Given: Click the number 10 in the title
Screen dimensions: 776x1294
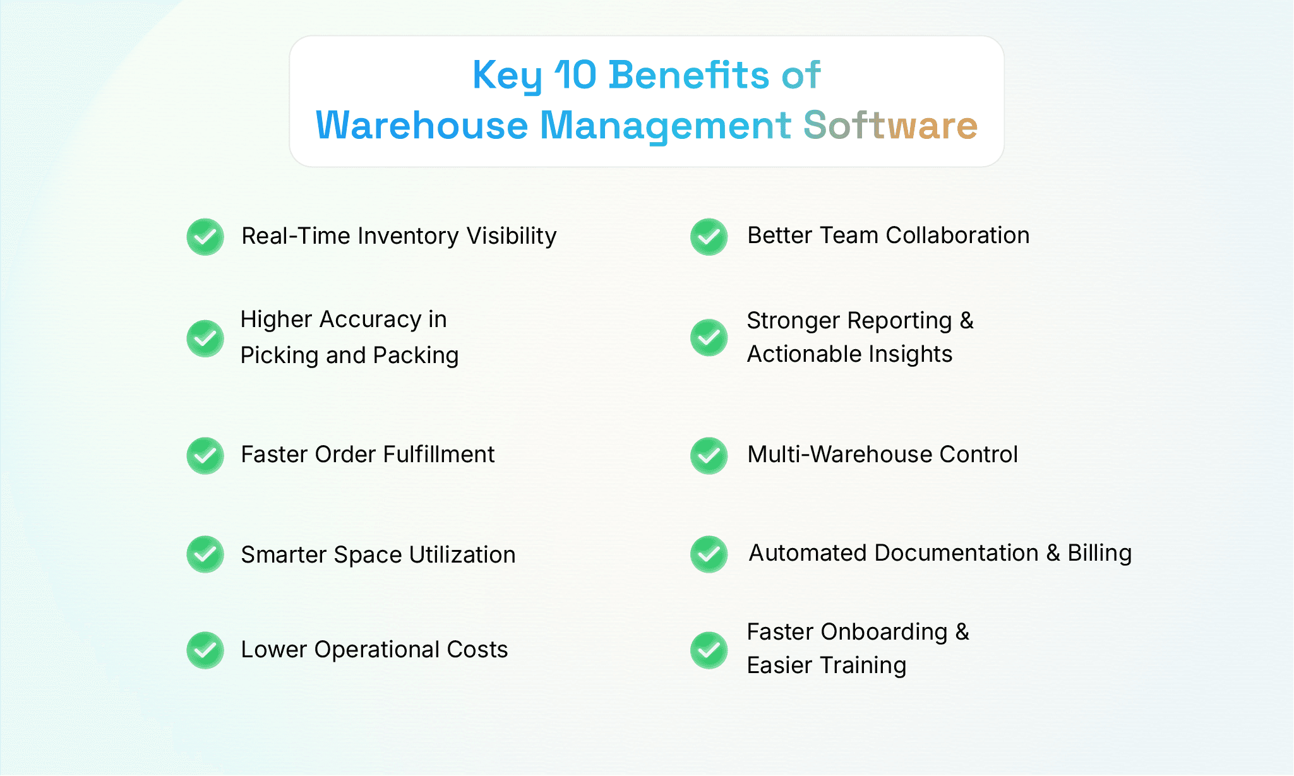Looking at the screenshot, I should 575,75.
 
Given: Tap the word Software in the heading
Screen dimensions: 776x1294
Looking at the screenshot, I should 890,125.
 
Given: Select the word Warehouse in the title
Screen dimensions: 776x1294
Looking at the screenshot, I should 422,125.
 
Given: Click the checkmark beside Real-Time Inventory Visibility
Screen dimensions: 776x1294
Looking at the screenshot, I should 205,237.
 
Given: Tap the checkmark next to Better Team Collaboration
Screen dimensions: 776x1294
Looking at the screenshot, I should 709,237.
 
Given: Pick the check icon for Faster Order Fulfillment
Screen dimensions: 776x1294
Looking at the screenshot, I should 205,455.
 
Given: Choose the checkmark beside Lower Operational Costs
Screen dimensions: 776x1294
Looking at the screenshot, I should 205,650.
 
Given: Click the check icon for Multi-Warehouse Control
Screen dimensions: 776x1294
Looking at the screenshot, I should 709,455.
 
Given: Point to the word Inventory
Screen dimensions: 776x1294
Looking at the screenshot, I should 408,236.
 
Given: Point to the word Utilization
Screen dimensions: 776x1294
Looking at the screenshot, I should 462,555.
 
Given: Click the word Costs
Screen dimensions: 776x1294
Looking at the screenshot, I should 477,650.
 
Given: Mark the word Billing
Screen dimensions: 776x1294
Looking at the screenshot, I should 1099,553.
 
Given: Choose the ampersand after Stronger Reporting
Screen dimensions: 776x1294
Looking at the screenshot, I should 966,321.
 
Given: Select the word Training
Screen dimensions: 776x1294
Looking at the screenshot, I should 863,666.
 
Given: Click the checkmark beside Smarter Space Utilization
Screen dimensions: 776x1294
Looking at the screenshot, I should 205,554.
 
